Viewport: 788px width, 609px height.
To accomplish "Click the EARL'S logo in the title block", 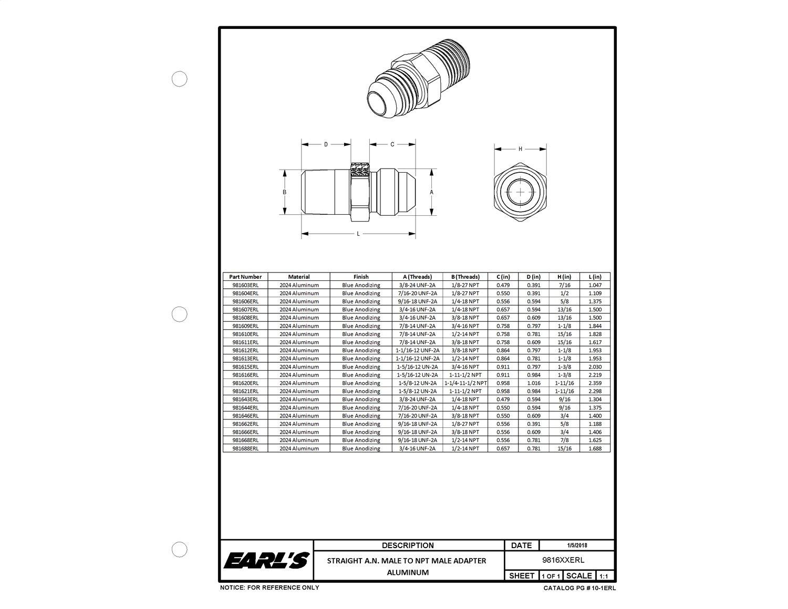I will (266, 561).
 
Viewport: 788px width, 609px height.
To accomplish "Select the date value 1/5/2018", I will (577, 545).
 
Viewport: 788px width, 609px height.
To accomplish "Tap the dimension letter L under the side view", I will (358, 234).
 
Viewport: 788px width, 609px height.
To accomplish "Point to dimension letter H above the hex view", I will (520, 149).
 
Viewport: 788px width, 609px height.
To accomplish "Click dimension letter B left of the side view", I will (284, 192).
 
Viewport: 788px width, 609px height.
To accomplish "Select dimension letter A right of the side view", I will (432, 192).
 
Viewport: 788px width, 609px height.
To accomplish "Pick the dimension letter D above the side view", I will (326, 144).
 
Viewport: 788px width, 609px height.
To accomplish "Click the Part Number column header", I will (245, 277).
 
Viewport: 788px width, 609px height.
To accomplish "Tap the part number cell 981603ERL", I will (245, 285).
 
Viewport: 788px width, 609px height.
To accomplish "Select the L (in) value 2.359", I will (595, 383).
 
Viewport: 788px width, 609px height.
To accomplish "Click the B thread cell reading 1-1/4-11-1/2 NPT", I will (465, 383).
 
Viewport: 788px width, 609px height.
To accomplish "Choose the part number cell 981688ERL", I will (245, 449).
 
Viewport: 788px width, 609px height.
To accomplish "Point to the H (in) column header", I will (564, 277).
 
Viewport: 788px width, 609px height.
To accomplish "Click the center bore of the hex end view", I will (520, 192).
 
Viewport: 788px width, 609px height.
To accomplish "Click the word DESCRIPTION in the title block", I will (408, 545).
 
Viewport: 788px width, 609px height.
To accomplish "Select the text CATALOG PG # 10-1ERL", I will (579, 589).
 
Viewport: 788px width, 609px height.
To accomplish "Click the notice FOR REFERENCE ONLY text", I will (269, 587).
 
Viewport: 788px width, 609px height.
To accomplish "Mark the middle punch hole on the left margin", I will (180, 314).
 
